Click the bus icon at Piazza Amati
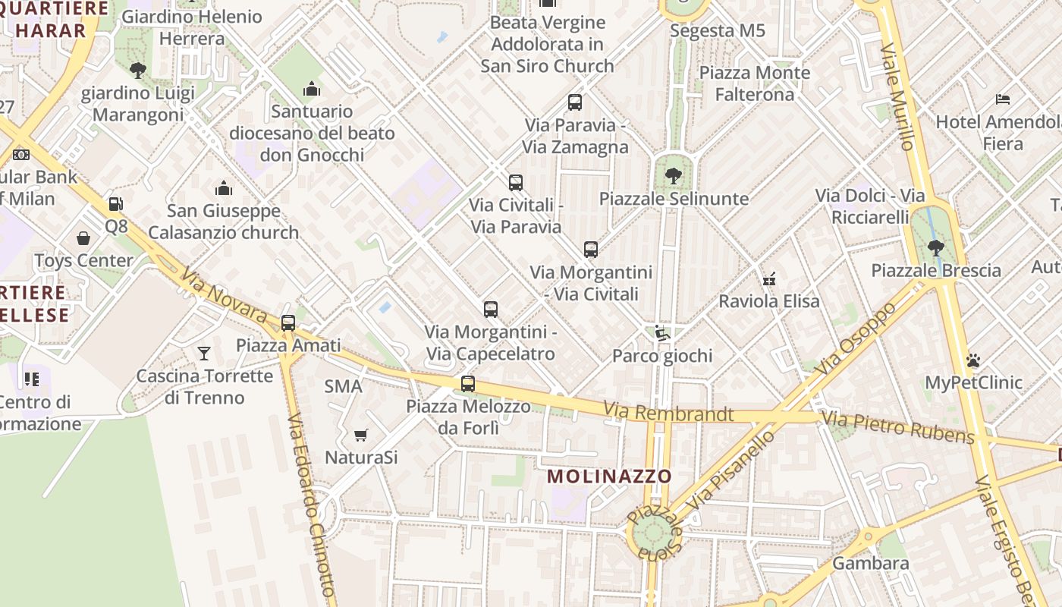288,322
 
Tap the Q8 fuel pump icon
115,203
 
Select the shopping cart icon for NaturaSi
361,435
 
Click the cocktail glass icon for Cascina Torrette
204,353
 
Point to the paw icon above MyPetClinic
973,360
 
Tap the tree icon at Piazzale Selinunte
673,176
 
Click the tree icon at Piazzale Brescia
936,247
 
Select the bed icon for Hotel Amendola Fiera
1002,99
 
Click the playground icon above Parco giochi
662,333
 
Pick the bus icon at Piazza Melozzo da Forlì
468,383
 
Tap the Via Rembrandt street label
668,414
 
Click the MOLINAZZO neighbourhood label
609,476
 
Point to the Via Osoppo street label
858,338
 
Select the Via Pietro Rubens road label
898,426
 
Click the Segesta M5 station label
718,31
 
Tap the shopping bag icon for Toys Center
83,238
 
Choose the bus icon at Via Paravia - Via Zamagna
575,102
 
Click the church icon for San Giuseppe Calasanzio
224,188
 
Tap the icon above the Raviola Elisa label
769,278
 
